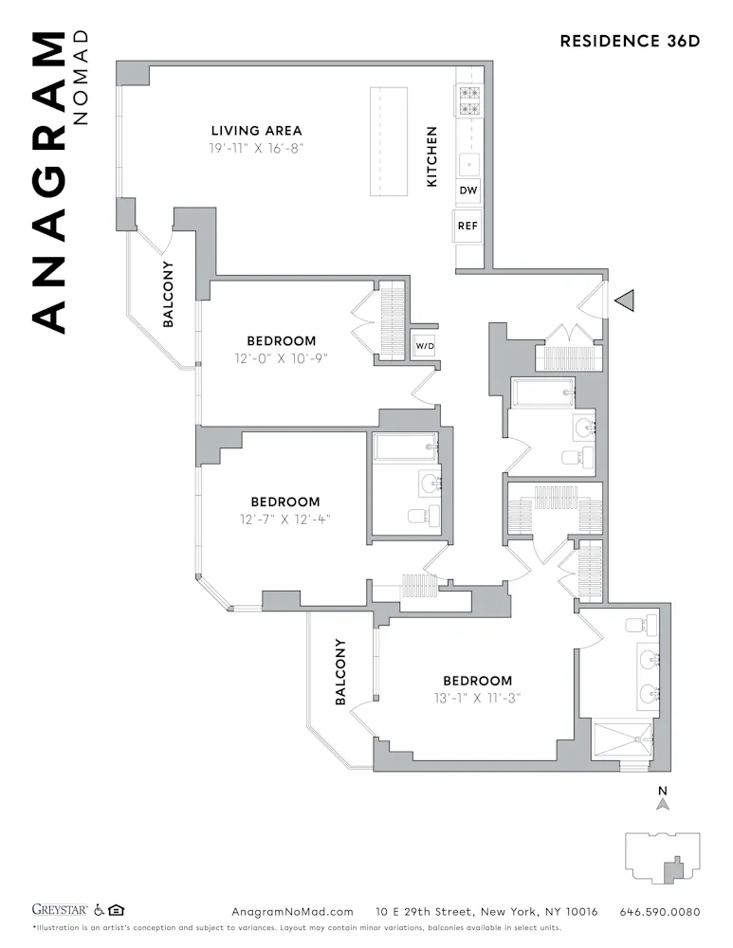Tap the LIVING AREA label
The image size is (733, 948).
click(256, 131)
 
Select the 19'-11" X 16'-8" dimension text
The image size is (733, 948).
click(256, 149)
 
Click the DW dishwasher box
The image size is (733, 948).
click(468, 191)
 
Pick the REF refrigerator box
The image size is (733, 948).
click(467, 227)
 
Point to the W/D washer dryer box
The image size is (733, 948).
click(423, 346)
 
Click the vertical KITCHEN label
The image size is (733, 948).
click(432, 156)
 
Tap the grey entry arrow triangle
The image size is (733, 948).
click(624, 301)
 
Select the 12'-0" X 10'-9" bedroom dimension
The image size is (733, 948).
click(281, 358)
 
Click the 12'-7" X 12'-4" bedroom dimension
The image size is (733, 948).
click(284, 520)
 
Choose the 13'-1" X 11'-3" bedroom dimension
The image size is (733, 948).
click(478, 699)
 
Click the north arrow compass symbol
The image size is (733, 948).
click(664, 802)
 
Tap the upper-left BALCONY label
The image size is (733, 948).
click(168, 294)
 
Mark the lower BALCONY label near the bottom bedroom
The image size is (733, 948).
click(340, 672)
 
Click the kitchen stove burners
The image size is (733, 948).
click(469, 100)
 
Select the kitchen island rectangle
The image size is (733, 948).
click(389, 141)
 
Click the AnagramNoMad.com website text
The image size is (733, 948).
click(292, 912)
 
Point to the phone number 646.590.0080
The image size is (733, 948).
click(660, 912)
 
